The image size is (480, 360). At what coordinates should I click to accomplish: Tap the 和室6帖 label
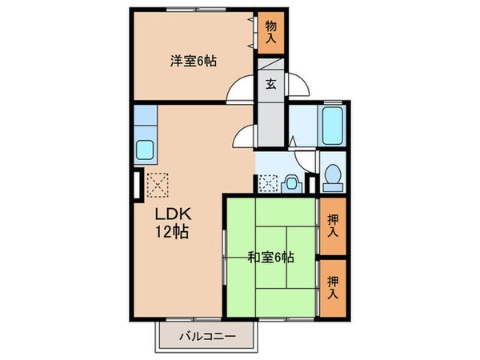270,258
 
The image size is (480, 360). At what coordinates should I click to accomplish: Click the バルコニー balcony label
206,337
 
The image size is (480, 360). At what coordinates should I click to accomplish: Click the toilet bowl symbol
332,174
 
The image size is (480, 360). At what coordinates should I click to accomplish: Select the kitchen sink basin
146,150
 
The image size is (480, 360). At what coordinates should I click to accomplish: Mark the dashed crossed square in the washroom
268,183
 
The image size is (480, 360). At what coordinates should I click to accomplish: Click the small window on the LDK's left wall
136,185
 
